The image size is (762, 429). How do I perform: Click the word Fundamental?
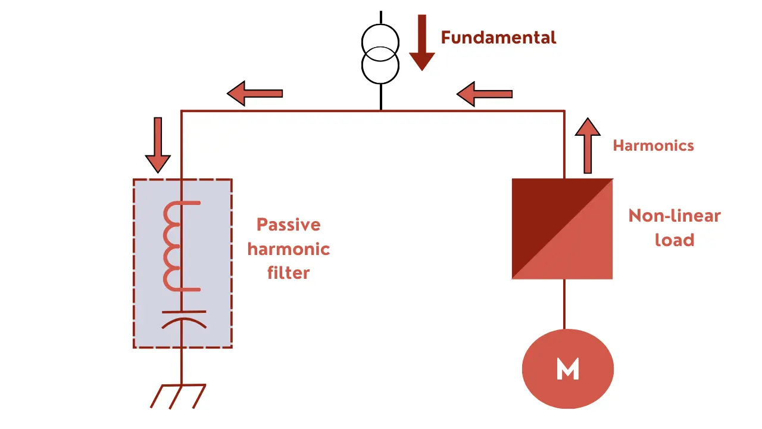498,38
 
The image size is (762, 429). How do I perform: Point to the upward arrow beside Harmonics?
588,145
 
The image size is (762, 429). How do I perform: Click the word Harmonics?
653,145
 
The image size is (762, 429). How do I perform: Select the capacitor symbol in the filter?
184,318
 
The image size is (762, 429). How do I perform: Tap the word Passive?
288,225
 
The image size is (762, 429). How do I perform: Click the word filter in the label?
288,273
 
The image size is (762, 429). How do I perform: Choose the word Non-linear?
674,216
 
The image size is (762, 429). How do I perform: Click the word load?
674,240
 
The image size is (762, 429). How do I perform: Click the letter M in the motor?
567,369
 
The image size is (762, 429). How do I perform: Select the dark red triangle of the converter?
536,209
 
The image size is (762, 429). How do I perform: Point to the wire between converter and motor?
564,304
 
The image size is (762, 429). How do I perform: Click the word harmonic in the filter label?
288,249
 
